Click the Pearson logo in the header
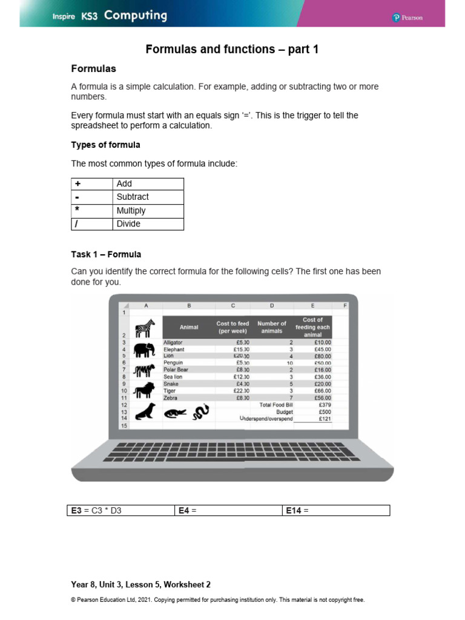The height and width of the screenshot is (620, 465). pos(407,18)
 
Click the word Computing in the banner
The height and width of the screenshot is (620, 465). pos(135,16)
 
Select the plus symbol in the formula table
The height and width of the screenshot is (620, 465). pos(77,183)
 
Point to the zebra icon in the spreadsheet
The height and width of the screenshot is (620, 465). pos(145,328)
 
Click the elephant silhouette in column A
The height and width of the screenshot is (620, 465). pos(145,349)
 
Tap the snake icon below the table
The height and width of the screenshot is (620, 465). pos(200,412)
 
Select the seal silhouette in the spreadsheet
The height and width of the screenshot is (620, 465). pos(144,412)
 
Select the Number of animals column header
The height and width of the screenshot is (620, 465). pos(271,327)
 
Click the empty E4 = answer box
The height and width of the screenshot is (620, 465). pos(228,510)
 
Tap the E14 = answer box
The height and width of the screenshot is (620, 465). pos(336,510)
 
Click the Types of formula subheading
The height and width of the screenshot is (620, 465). pos(105,145)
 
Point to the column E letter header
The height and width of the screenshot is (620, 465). pos(312,306)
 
